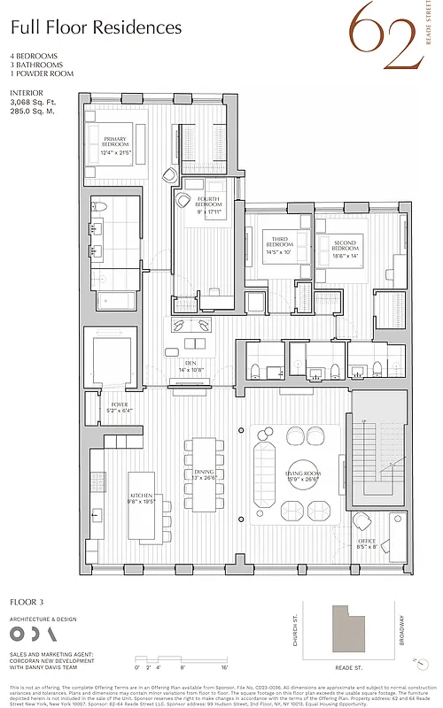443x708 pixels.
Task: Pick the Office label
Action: pos(367,543)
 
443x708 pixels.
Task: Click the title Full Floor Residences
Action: pos(96,27)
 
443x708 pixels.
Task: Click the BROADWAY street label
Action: pos(401,630)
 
